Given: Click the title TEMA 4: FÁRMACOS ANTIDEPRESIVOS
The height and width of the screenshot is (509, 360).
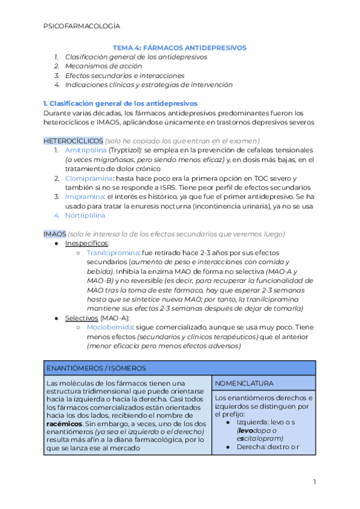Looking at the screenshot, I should coord(180,47).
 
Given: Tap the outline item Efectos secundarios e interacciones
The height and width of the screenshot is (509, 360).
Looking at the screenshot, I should coord(125,76).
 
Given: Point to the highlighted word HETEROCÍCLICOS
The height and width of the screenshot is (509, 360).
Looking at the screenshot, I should coord(69,140).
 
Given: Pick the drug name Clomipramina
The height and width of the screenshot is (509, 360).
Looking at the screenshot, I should coord(88,178).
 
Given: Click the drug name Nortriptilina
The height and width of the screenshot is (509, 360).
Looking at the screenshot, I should coord(85,215).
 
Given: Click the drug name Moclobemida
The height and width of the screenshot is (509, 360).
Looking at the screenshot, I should coord(110,327).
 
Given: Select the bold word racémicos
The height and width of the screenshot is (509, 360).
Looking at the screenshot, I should coord(64,423).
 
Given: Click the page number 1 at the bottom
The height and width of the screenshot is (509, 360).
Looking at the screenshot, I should coord(314,482).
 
